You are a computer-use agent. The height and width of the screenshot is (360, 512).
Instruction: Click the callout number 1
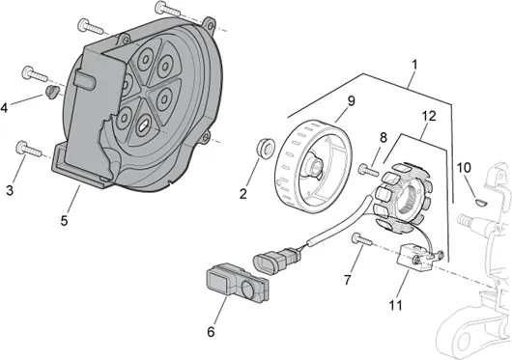pos(414,65)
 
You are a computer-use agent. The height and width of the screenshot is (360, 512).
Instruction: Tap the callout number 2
pos(242,194)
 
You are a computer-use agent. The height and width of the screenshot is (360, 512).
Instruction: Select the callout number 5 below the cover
pos(64,221)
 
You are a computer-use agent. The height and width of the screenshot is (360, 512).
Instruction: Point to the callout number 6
pos(211,332)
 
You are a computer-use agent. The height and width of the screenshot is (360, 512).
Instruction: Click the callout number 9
pos(351,101)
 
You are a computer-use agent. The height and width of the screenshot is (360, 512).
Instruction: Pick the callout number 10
pos(464,168)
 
